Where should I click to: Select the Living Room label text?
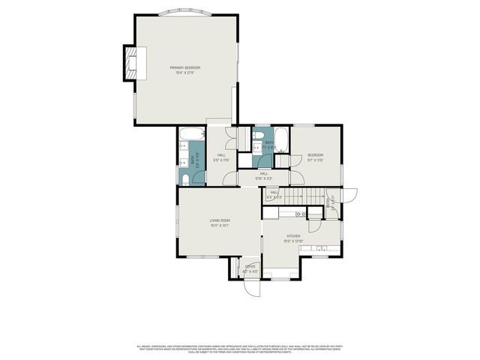[x=220, y=220]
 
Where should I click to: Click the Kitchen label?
[x=292, y=236]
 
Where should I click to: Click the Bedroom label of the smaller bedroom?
[x=315, y=155]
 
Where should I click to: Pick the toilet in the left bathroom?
[x=184, y=177]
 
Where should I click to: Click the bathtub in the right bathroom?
[x=281, y=138]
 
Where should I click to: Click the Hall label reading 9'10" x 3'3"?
[x=264, y=178]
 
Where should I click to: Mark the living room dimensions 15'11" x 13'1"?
[x=220, y=224]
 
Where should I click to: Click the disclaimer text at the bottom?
[x=240, y=349]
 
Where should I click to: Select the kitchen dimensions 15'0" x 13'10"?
[x=292, y=241]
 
